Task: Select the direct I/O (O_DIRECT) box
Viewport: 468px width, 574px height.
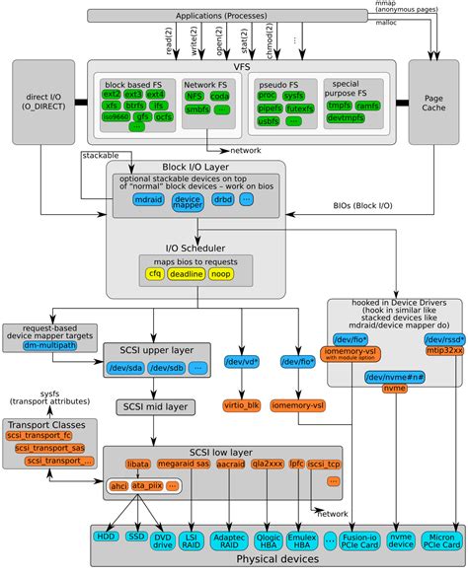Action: click(42, 103)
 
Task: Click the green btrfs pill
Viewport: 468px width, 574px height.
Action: click(136, 103)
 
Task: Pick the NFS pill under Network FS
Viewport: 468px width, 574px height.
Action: click(196, 97)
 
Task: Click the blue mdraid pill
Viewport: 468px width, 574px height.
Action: click(151, 200)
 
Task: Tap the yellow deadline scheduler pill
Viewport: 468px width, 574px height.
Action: click(189, 273)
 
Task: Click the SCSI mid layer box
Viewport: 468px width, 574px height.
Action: click(158, 406)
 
